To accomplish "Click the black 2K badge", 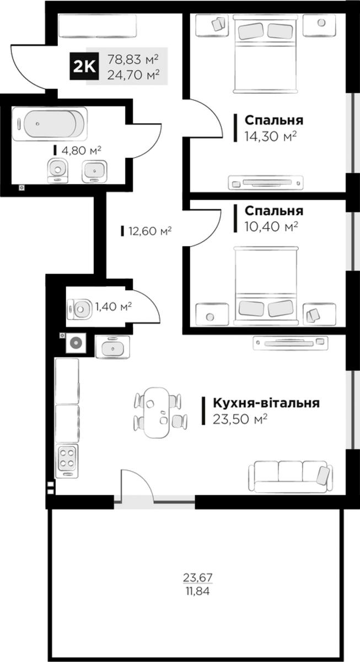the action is click(84, 66).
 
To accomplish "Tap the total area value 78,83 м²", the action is click(133, 60).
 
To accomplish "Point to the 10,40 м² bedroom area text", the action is click(271, 227).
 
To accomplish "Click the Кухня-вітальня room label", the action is click(266, 403).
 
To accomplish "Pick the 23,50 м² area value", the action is click(240, 419).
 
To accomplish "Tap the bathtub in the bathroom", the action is click(50, 124).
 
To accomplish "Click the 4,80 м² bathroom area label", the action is click(81, 151).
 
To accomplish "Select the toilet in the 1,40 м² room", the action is click(80, 309).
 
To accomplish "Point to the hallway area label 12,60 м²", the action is click(150, 231).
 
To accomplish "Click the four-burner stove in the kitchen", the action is click(68, 461).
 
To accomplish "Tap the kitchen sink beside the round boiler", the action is click(112, 347).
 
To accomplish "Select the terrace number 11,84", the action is click(197, 591).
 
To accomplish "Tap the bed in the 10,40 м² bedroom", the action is click(266, 286).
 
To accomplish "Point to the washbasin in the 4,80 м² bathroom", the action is click(94, 170).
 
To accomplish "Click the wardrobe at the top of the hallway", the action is click(98, 26).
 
